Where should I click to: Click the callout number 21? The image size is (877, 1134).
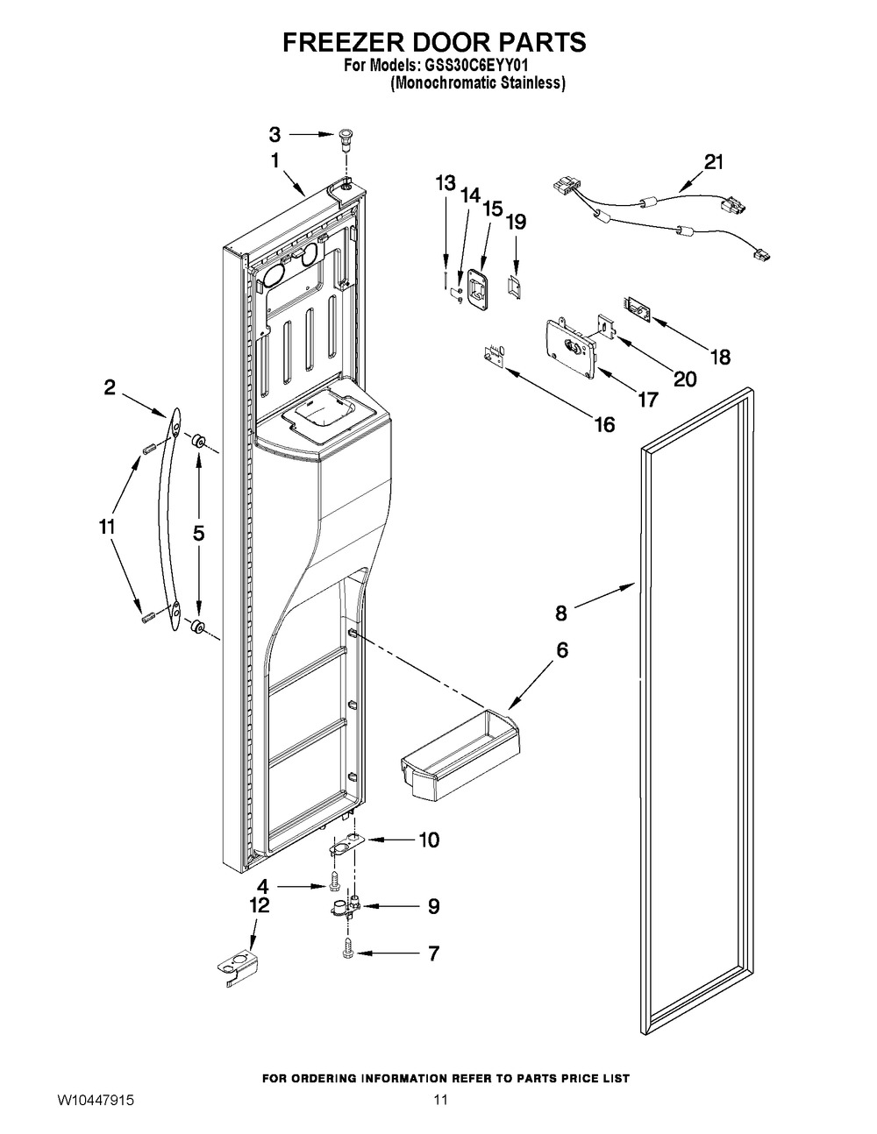(x=714, y=162)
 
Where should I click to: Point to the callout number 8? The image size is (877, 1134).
(x=561, y=613)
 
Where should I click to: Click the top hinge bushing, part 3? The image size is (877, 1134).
(x=345, y=138)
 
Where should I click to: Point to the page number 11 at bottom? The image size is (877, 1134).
(x=440, y=1114)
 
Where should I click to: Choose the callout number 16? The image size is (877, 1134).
(x=604, y=425)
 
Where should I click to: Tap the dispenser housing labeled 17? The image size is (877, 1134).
(x=571, y=345)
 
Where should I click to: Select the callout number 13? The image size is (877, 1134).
(x=446, y=183)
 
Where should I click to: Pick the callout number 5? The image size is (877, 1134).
(x=198, y=534)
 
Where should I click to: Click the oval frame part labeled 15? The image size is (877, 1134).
(x=478, y=289)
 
